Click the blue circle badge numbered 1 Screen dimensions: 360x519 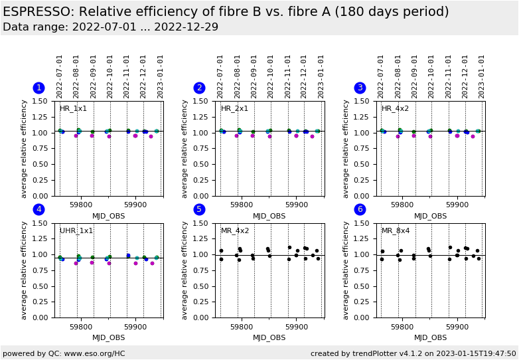point(38,88)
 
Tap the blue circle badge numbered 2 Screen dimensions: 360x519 point(199,88)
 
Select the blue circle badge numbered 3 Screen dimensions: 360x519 point(360,88)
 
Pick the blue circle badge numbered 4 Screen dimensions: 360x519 point(38,209)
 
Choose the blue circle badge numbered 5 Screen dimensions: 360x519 point(199,209)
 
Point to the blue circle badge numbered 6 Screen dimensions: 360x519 point(360,209)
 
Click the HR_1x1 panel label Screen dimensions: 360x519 point(73,109)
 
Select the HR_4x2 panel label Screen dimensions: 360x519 point(395,109)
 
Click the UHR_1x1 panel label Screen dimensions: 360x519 point(76,230)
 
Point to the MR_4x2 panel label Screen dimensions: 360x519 point(235,230)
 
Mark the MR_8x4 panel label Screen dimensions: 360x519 point(396,230)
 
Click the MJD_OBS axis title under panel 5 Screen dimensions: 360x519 point(269,337)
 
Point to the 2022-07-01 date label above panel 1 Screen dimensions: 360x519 point(60,76)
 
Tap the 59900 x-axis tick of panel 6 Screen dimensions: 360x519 point(457,325)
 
